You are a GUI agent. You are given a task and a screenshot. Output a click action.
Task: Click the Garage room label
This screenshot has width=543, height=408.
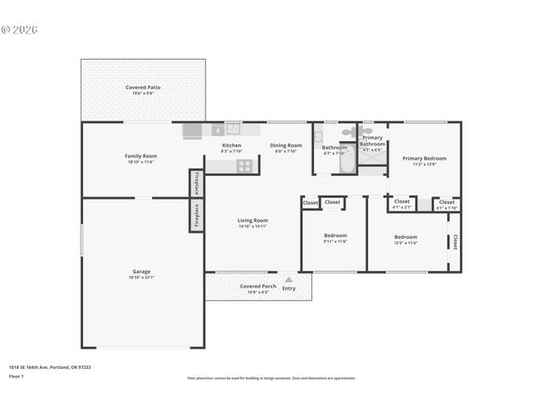tap(142, 272)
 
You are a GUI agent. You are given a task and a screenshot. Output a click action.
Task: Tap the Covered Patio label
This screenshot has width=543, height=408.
tap(143, 88)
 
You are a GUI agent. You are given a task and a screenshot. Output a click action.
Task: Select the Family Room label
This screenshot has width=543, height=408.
tap(141, 156)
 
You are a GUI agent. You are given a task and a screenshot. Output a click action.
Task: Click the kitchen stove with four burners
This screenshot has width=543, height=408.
tap(244, 167)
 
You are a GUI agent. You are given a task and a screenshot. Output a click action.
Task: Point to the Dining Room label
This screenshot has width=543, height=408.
tap(286, 145)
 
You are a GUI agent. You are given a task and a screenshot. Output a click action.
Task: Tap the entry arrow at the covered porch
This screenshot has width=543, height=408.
tap(288, 279)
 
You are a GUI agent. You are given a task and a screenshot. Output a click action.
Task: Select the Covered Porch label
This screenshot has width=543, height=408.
tap(257, 286)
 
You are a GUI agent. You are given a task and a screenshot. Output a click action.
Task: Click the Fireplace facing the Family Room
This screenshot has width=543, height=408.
tap(197, 183)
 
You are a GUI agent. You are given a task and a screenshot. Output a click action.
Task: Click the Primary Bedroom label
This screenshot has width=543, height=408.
tap(424, 158)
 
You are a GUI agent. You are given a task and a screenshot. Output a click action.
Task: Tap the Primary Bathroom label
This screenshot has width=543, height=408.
tap(372, 140)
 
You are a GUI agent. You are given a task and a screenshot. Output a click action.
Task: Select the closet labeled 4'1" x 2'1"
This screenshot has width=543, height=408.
tap(401, 204)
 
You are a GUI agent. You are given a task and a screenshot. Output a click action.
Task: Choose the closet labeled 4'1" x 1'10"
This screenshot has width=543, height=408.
tap(446, 204)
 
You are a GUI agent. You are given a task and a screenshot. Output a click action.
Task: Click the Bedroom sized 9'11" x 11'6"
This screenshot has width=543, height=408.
tap(335, 237)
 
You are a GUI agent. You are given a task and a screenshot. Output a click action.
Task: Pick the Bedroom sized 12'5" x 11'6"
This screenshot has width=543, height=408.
tap(405, 237)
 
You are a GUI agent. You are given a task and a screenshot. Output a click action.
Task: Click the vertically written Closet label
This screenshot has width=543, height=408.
tap(455, 242)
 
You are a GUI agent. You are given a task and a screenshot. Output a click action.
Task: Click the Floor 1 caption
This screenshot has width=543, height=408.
tap(17, 376)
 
